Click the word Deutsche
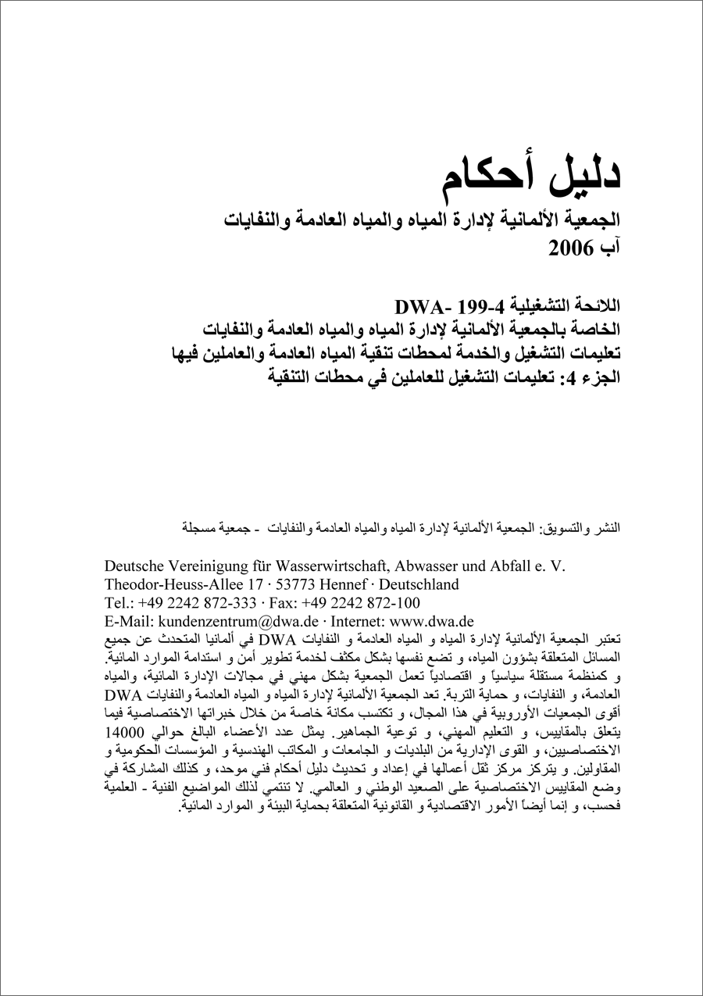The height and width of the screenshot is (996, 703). [137, 566]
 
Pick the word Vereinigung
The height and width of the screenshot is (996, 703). [216, 566]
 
